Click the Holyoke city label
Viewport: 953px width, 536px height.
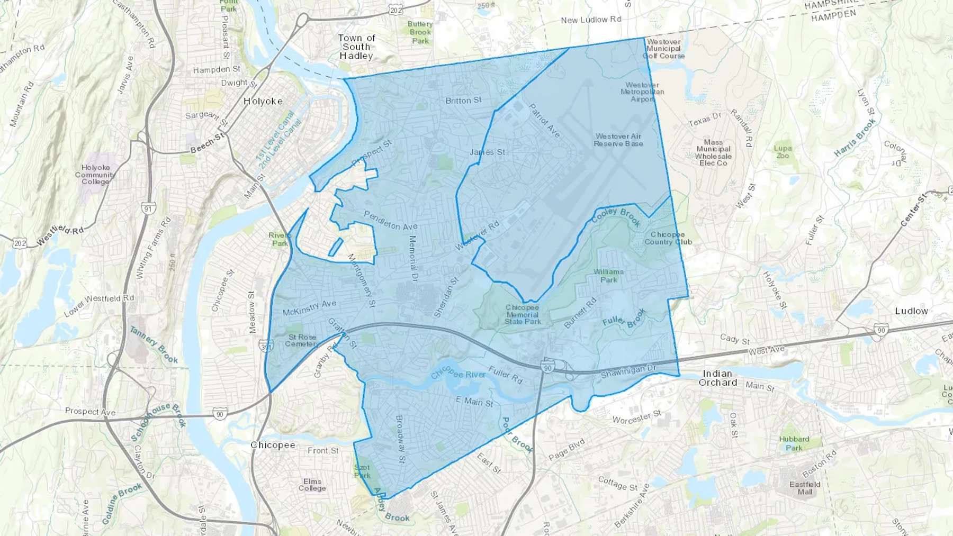coord(263,101)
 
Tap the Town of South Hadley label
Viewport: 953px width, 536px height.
coord(356,47)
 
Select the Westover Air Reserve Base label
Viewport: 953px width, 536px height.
coord(618,140)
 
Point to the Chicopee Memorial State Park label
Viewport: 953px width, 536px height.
coord(522,314)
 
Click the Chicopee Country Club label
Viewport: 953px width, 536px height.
coord(668,238)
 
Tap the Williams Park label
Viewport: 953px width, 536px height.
coord(608,276)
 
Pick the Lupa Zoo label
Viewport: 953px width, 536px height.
coord(783,152)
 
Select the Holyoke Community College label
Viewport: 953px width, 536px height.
coord(95,175)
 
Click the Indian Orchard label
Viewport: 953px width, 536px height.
coord(717,378)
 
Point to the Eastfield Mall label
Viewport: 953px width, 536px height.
coord(805,488)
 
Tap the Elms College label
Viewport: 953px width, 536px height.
coord(312,485)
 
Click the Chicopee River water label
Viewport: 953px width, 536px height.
coord(458,374)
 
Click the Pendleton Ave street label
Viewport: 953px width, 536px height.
coord(391,221)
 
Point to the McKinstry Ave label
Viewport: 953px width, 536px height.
coord(309,308)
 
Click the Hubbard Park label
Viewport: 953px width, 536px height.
coord(794,443)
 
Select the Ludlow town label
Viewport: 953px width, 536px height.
coord(911,311)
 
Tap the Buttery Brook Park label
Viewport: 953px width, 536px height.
coord(420,32)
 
